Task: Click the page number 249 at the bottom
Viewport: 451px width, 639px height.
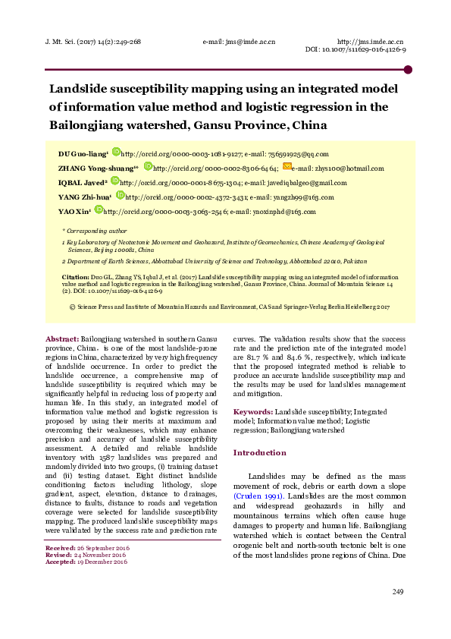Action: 399,612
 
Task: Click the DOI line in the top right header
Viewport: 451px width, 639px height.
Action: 355,49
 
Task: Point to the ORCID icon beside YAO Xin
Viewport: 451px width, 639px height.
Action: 98,210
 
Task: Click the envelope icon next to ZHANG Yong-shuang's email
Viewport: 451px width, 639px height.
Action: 287,167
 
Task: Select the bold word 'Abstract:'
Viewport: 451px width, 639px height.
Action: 62,338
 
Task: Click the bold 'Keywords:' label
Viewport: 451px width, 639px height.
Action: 253,411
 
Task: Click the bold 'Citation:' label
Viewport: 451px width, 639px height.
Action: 76,279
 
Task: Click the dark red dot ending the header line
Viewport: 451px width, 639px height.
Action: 408,70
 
